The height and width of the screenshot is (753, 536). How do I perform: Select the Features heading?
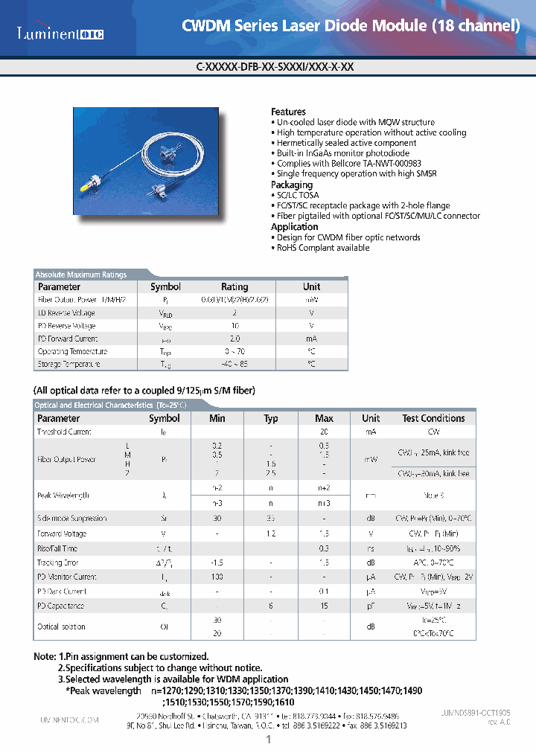coord(288,112)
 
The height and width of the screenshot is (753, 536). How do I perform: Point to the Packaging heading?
coord(292,185)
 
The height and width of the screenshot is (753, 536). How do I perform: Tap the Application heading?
coord(294,227)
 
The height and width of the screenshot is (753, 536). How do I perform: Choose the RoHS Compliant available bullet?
coord(322,248)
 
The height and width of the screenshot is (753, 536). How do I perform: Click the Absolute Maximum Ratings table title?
coord(81,275)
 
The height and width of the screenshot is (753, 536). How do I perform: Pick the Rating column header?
coord(234,286)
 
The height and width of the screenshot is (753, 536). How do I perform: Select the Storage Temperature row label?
coord(68,365)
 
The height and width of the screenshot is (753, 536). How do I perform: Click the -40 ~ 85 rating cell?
coord(234,365)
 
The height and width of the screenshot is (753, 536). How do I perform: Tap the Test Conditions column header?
coord(433,418)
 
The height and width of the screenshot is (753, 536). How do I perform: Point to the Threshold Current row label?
coord(64,432)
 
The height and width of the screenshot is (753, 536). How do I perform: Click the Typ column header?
coord(271,418)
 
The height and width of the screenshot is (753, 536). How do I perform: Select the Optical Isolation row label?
coord(61,627)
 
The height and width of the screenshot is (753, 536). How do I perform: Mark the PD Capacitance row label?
coord(60,606)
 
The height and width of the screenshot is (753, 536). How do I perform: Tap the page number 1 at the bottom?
coord(268,740)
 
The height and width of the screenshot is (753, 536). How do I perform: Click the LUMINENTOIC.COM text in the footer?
coord(68,721)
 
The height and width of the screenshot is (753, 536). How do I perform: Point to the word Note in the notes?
coord(45,657)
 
